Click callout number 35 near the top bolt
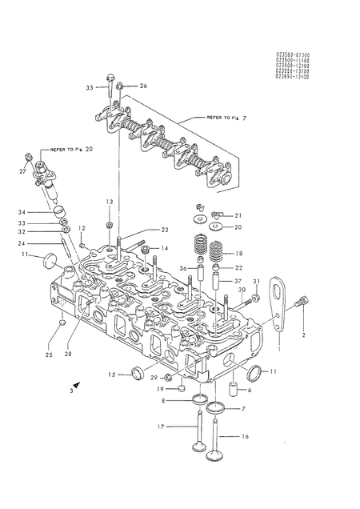click(90, 86)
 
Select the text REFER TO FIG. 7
click(226, 117)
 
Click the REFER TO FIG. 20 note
click(71, 149)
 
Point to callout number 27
click(22, 170)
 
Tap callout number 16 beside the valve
click(245, 437)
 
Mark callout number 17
click(160, 427)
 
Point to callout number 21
click(238, 214)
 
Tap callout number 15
click(112, 374)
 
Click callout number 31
click(256, 282)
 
